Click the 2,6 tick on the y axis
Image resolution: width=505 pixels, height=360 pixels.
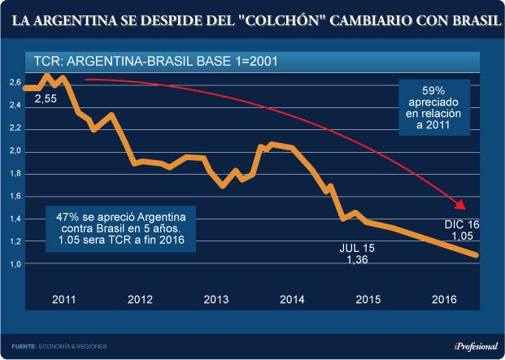tap(15, 83)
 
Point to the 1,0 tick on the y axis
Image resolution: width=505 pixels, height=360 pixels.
tap(15, 264)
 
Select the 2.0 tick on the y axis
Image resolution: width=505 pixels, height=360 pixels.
tap(15, 151)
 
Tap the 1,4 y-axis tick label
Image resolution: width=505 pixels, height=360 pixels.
tap(15, 219)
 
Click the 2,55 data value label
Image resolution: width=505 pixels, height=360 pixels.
tap(46, 98)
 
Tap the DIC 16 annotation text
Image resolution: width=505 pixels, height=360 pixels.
tap(462, 223)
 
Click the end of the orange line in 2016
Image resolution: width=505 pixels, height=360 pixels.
tap(476, 255)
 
